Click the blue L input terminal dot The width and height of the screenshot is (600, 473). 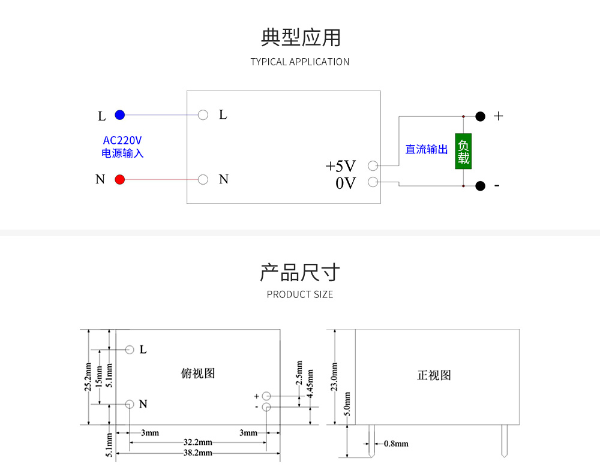tap(120, 115)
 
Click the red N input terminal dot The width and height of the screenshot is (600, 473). tap(120, 179)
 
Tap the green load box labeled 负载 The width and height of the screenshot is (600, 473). tap(463, 151)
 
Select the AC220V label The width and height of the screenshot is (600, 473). tap(122, 140)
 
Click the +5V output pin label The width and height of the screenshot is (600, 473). tap(340, 166)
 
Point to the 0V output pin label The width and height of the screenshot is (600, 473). tap(346, 183)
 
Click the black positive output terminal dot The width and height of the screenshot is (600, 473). tap(480, 116)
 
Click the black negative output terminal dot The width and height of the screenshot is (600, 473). tap(480, 186)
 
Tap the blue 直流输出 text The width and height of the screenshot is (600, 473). tap(427, 149)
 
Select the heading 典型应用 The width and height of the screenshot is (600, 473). tap(300, 37)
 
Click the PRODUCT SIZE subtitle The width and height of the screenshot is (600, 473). tap(300, 294)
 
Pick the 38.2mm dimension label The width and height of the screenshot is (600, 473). tap(197, 453)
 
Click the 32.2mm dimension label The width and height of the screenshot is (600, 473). tap(197, 442)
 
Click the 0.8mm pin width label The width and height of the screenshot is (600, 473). tap(396, 444)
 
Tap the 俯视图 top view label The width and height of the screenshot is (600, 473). tap(197, 373)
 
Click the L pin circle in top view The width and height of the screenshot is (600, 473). tap(130, 350)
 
